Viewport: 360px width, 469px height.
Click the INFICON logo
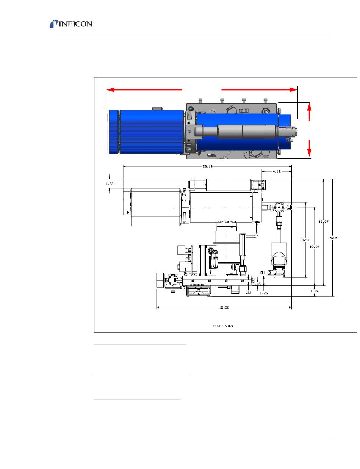(71, 24)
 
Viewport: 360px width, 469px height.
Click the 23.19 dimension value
(207, 166)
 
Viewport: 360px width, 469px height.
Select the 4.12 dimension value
(277, 171)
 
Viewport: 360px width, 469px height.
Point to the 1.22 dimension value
(110, 184)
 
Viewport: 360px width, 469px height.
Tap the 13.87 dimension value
(323, 221)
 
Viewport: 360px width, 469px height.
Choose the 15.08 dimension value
(332, 238)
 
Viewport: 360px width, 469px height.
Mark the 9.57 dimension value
(305, 240)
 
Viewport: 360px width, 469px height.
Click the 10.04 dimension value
(314, 246)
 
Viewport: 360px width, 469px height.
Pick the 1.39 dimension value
(314, 291)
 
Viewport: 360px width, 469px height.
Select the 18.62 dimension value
(224, 307)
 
